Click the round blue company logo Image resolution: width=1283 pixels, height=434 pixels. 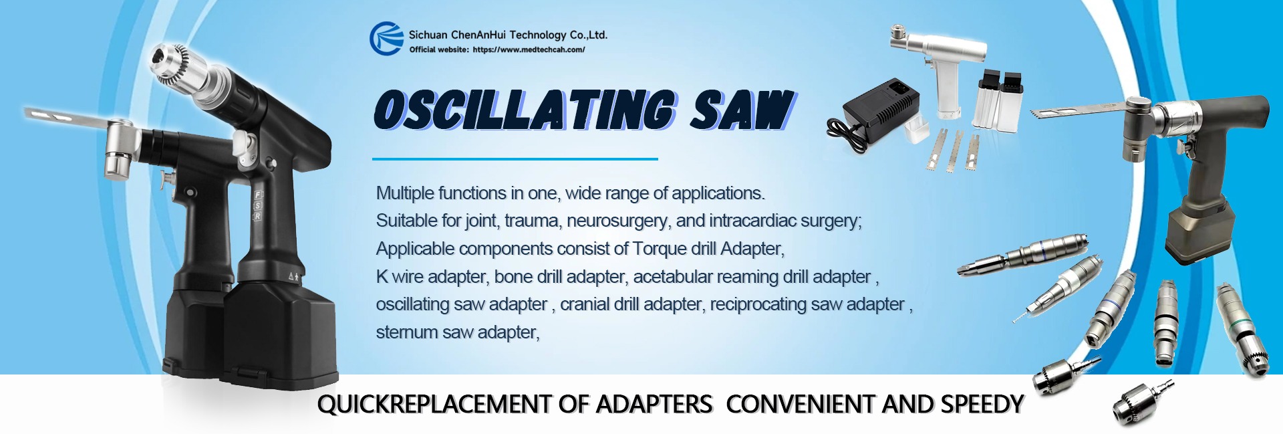(x=386, y=38)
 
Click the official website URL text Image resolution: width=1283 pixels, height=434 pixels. (x=529, y=49)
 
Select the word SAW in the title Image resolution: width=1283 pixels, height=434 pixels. (x=742, y=110)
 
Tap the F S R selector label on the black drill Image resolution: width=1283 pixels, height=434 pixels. (x=258, y=206)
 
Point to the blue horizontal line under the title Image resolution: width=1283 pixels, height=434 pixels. (x=515, y=159)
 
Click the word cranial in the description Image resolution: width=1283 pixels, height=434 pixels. (x=584, y=304)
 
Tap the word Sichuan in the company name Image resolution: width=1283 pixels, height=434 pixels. (x=428, y=35)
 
